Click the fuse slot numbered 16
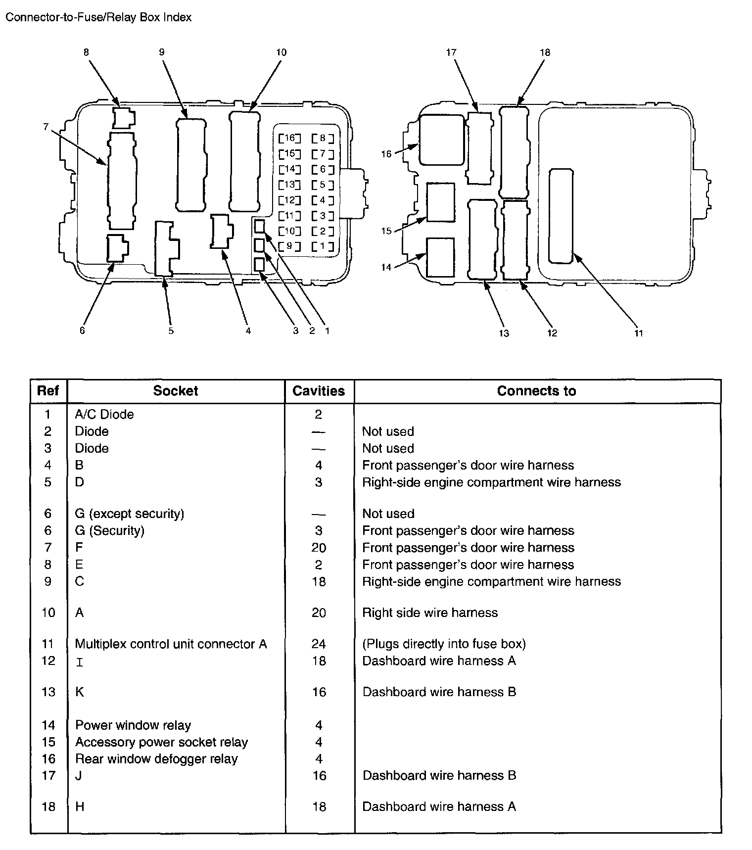(x=289, y=139)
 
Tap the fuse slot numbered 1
(x=323, y=246)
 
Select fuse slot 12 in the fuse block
(x=289, y=200)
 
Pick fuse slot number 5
(x=323, y=185)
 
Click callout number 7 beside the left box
(x=46, y=127)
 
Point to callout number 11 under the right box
(x=639, y=333)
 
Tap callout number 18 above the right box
(x=545, y=52)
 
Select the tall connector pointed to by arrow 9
(x=191, y=165)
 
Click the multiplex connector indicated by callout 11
(x=561, y=216)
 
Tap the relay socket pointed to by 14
(x=440, y=257)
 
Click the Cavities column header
(x=319, y=391)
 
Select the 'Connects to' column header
(x=536, y=391)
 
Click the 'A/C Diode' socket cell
(x=104, y=414)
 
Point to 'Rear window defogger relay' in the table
(x=156, y=758)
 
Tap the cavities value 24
(x=319, y=644)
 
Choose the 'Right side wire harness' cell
(x=430, y=613)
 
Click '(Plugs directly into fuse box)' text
(x=444, y=644)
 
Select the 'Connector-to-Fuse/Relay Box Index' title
(x=98, y=17)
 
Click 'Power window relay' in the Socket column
(x=133, y=725)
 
